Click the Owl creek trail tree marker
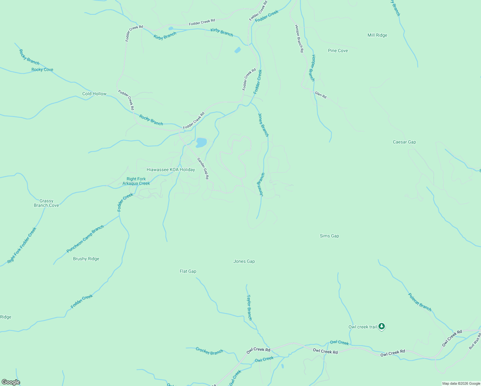click(x=381, y=326)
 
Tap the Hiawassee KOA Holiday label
click(x=171, y=170)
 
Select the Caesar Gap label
click(x=404, y=142)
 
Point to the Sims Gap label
click(x=329, y=236)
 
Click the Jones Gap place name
click(x=244, y=262)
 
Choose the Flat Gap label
click(x=188, y=271)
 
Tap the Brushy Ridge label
click(x=86, y=259)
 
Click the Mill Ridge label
click(x=377, y=35)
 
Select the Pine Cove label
click(x=338, y=51)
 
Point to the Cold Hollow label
click(x=94, y=94)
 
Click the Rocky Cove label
click(x=42, y=69)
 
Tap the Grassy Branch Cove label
click(x=46, y=203)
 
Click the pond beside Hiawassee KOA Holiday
click(x=201, y=142)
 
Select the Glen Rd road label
click(x=321, y=95)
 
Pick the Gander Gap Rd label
click(x=203, y=169)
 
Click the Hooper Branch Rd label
click(x=299, y=39)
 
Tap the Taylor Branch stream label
click(x=249, y=308)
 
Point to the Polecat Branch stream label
click(x=420, y=302)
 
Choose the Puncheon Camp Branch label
click(x=85, y=239)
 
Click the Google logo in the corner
click(x=11, y=382)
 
